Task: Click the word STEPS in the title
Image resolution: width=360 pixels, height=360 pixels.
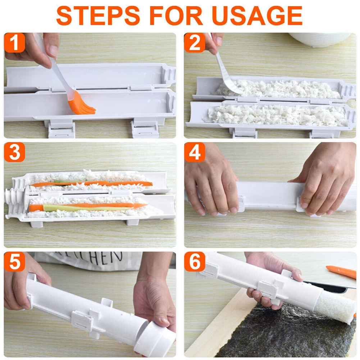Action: [x=98, y=15]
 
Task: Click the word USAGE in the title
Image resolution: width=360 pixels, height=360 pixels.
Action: [x=257, y=15]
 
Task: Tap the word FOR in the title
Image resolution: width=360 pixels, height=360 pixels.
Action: [x=176, y=15]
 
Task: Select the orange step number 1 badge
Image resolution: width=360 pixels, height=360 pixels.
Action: [x=14, y=42]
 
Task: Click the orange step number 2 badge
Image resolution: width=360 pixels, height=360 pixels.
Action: [x=195, y=42]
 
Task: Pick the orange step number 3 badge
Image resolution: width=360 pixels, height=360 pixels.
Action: [x=14, y=152]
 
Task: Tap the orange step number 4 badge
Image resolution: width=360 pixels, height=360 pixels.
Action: [x=195, y=152]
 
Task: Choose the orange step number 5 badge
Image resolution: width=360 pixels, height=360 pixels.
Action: [x=14, y=261]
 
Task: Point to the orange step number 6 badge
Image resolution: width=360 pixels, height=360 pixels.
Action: [x=195, y=261]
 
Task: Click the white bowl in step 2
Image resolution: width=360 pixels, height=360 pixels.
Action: [x=320, y=40]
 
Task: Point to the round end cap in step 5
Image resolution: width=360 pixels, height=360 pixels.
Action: [x=155, y=340]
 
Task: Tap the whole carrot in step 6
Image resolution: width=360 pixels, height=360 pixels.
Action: [x=341, y=272]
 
